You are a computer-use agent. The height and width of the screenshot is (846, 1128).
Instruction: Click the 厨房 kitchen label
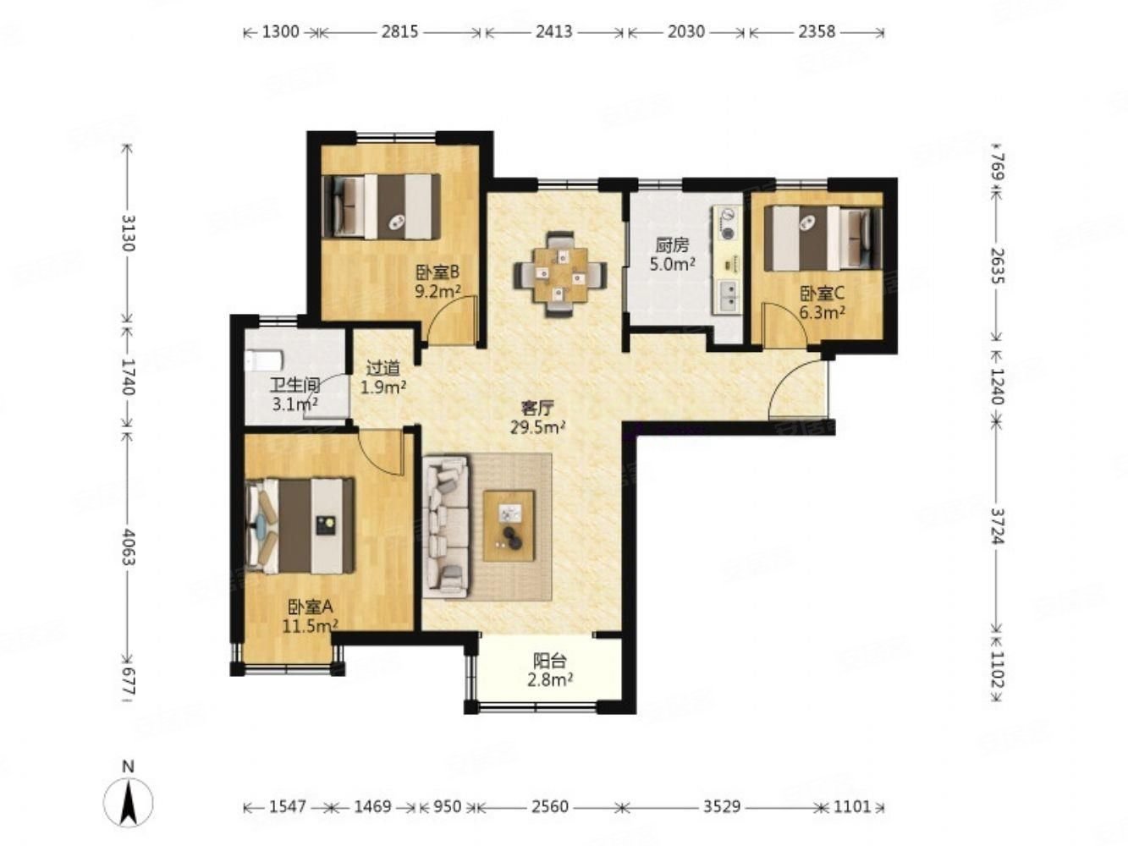672,245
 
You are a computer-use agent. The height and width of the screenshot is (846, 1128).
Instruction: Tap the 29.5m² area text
537,427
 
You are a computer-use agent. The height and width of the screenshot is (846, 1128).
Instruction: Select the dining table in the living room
560,275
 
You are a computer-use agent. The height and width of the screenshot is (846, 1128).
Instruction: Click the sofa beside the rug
446,526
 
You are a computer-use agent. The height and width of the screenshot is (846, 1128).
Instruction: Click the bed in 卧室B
382,206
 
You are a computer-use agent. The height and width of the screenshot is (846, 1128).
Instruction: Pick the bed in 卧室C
823,238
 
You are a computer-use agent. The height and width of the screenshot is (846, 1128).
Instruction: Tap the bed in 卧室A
300,526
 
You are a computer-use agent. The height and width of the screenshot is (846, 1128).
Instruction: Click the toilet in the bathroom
264,360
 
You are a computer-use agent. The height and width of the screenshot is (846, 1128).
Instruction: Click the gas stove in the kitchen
727,223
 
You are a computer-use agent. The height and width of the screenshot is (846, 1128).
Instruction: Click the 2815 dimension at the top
399,32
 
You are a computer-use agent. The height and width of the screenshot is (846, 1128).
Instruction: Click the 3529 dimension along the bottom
722,807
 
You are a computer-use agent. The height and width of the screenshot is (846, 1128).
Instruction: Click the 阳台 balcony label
549,661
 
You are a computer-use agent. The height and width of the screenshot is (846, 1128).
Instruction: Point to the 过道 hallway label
382,368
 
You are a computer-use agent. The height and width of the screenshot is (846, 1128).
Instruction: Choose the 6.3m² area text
823,312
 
